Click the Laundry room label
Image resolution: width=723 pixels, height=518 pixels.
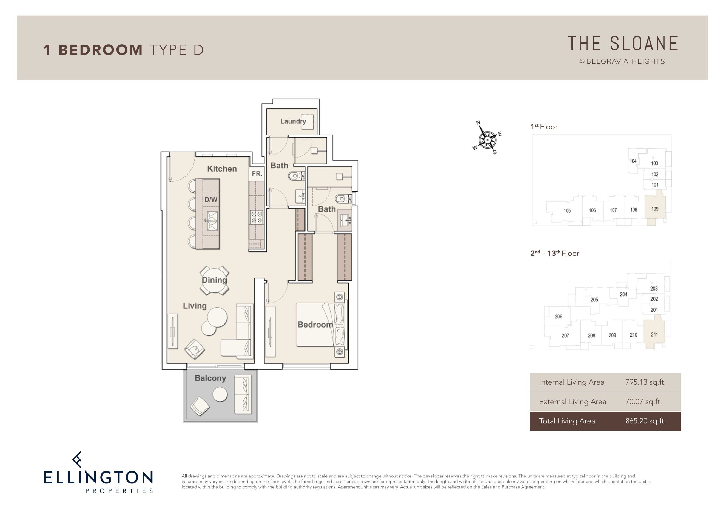pos(293,121)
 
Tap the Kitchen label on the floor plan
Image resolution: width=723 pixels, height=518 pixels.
pos(222,169)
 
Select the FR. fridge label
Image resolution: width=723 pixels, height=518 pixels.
pos(257,174)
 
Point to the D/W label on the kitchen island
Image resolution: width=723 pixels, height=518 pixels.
pos(211,200)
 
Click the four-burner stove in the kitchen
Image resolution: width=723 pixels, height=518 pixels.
pos(257,217)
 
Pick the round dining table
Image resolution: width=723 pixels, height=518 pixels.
pos(214,281)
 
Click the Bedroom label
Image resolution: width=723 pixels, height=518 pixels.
pos(315,325)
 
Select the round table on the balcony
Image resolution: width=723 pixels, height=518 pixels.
pos(220,394)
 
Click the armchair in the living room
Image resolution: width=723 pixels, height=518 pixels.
pos(195,349)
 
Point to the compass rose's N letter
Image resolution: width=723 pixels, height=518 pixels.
pos(478,123)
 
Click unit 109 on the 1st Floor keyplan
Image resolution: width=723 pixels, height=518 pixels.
pos(655,209)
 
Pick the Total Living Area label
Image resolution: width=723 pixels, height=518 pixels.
pos(567,421)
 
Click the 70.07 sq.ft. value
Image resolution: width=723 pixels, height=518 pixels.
pos(643,401)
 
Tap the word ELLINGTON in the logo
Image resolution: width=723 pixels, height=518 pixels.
pos(98,477)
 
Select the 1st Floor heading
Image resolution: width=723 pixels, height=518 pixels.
pos(544,127)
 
